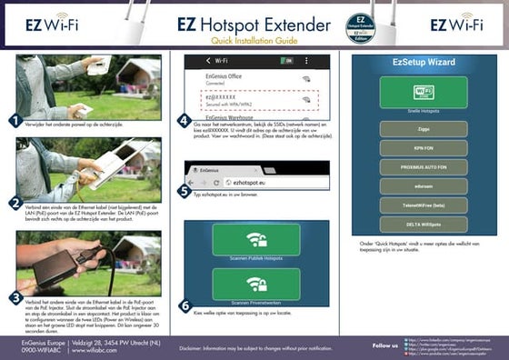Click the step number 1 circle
(14, 120)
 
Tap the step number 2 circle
(14, 203)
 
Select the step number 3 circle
(14, 296)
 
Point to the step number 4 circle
(185, 120)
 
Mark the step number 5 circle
(185, 191)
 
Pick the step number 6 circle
(185, 305)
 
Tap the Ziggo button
(423, 129)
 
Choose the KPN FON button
(423, 148)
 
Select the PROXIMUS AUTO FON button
(423, 168)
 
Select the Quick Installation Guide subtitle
(254, 42)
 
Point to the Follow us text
(384, 345)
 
